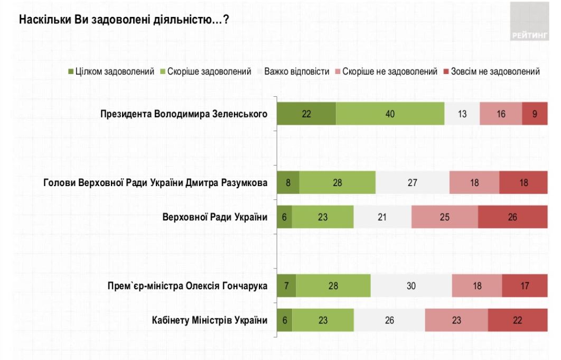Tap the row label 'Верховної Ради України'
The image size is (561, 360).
pyautogui.click(x=214, y=217)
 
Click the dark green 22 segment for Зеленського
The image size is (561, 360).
pyautogui.click(x=306, y=114)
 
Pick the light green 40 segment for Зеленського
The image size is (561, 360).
pyautogui.click(x=390, y=114)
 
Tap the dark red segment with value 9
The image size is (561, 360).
pyautogui.click(x=535, y=114)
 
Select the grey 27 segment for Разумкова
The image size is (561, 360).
pyautogui.click(x=413, y=183)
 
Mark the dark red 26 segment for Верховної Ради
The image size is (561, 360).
pyautogui.click(x=513, y=217)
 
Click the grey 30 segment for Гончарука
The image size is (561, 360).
pyautogui.click(x=412, y=286)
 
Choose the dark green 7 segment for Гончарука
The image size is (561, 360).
pyautogui.click(x=287, y=286)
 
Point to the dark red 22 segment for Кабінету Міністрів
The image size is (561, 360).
pyautogui.click(x=518, y=320)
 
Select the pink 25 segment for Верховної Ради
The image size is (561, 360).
pyautogui.click(x=444, y=217)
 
